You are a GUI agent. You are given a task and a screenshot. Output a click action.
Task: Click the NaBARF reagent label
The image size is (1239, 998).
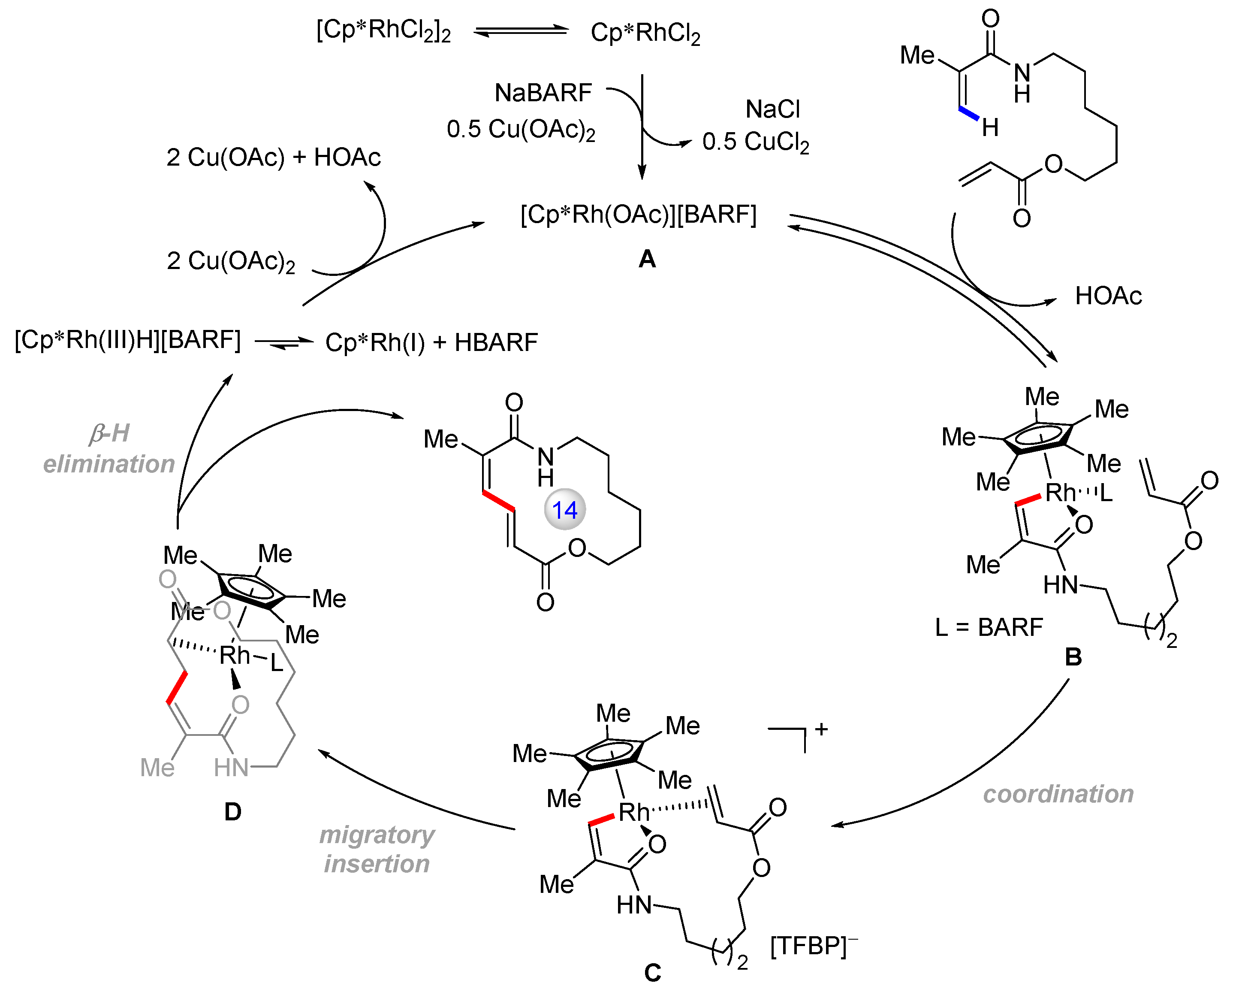point(543,93)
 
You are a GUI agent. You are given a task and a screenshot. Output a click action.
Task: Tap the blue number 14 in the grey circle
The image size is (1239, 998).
point(564,510)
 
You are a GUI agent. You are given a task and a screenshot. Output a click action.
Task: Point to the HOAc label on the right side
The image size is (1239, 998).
point(1108,296)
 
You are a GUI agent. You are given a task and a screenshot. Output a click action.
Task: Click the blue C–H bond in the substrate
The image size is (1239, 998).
point(969,113)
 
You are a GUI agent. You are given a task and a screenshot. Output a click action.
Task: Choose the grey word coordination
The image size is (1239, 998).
point(1058,794)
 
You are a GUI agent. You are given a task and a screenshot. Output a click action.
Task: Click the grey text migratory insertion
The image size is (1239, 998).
point(377,849)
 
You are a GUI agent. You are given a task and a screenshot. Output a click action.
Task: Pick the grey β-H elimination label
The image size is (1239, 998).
point(109,448)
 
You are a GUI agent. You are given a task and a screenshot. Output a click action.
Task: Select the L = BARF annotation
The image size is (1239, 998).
point(989,627)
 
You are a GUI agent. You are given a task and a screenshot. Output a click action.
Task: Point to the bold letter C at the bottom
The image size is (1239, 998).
point(652,973)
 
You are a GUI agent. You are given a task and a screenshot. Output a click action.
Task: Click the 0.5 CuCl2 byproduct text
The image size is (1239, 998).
point(755,142)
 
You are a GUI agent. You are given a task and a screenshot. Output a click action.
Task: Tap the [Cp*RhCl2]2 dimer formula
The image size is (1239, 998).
point(383,30)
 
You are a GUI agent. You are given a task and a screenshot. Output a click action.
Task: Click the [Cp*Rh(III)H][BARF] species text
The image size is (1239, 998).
point(127,340)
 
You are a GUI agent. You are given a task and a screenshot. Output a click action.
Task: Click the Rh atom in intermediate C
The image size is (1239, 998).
point(633,812)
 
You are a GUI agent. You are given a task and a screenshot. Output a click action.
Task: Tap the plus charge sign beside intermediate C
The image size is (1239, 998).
point(821,729)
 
